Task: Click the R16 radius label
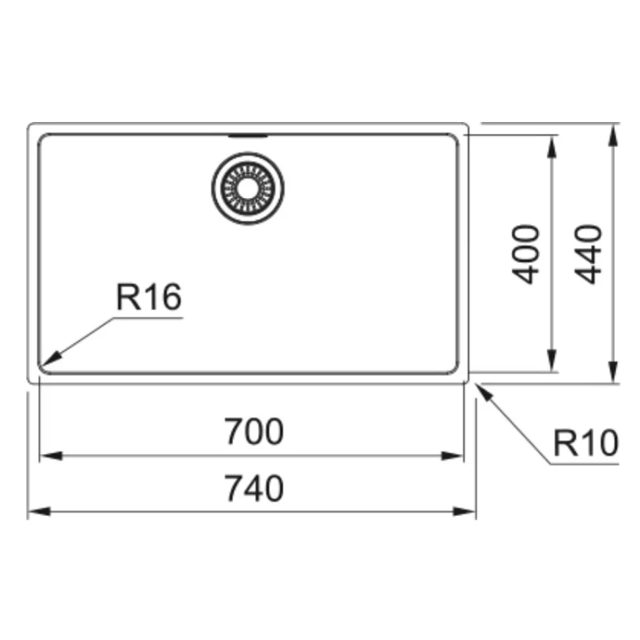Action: pos(149,297)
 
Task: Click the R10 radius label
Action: pos(586,443)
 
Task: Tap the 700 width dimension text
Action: pos(254,431)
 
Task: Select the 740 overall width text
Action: pos(254,488)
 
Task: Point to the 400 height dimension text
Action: pos(526,254)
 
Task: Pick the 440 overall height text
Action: pos(588,254)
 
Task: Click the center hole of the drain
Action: pos(248,188)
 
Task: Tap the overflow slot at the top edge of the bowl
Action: pos(248,135)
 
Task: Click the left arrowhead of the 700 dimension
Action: pos(51,455)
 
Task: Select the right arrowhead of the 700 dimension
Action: pos(453,455)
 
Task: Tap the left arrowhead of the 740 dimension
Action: pos(39,511)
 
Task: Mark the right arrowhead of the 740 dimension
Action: pos(465,511)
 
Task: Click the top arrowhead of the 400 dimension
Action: pos(552,146)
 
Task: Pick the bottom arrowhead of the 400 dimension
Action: pos(552,361)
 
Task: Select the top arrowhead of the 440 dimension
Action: pos(612,135)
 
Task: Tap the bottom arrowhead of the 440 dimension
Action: pos(612,372)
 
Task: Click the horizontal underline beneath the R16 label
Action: pos(148,318)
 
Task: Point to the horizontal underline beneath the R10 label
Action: pos(584,464)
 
